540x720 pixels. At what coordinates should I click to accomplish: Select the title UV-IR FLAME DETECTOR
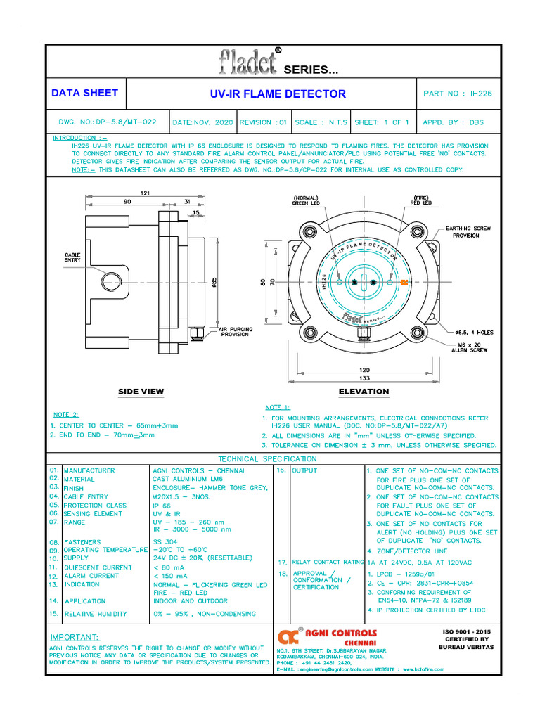(278, 94)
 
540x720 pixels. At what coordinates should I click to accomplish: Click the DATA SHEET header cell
(85, 93)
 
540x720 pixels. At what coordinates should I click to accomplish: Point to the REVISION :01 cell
(264, 122)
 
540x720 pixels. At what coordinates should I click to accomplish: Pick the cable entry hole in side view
(110, 283)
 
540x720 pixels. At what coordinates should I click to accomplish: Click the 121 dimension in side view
(146, 193)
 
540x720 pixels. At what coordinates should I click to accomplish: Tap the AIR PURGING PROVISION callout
(235, 332)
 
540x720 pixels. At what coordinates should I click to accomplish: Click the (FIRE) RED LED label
(421, 200)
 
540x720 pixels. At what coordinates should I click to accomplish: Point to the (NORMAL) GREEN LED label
(307, 200)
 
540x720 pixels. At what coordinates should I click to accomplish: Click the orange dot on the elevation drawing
(404, 282)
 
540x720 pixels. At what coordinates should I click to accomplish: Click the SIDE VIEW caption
(141, 392)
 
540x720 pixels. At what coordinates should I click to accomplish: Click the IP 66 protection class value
(161, 505)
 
